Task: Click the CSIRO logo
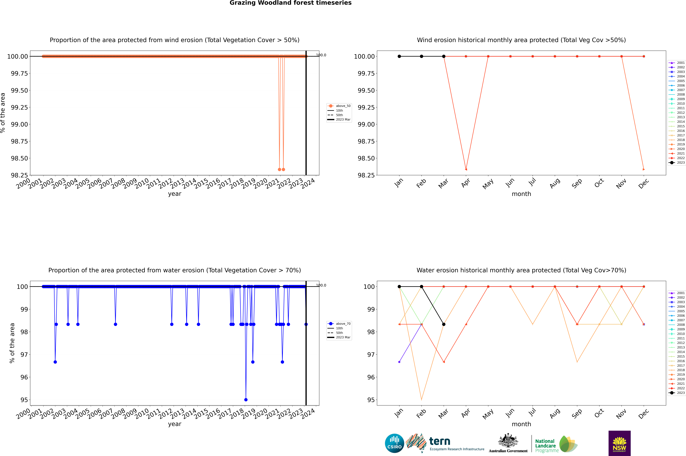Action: (394, 443)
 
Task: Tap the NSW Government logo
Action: (619, 443)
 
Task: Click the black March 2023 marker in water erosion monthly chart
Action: (443, 324)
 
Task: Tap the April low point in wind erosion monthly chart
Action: (466, 169)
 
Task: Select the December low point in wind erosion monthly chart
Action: (644, 169)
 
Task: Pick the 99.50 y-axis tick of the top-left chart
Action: (19, 90)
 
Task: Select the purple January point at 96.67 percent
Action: (399, 362)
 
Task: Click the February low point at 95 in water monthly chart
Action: (421, 400)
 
